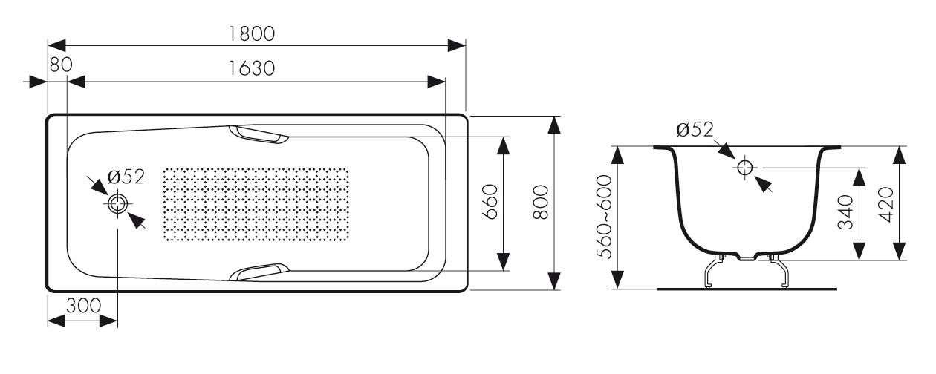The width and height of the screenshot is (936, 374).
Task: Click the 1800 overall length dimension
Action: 253,33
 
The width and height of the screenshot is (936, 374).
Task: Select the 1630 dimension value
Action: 253,68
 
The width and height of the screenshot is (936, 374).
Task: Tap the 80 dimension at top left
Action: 60,65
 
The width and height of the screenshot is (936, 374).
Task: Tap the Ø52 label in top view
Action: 124,176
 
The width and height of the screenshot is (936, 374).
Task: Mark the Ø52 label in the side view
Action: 695,131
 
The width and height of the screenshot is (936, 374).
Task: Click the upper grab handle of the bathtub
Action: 259,134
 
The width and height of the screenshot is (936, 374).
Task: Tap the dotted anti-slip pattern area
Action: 255,203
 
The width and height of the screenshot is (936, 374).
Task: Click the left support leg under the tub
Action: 712,272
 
